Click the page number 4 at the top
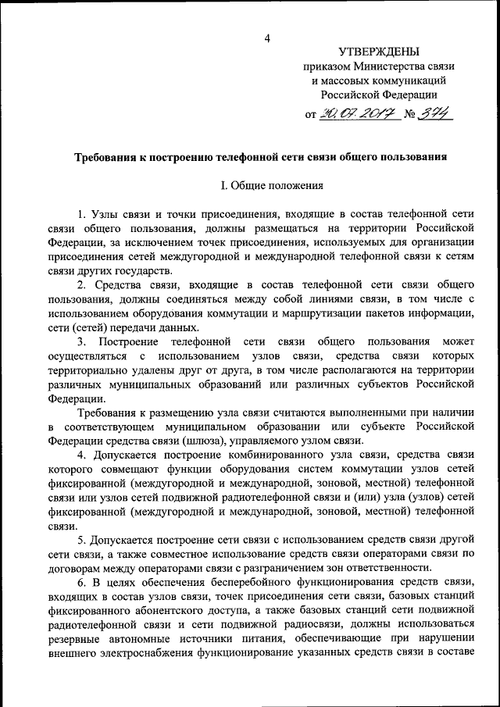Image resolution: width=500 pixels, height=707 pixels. [267, 38]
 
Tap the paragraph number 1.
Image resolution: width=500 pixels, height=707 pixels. [82, 213]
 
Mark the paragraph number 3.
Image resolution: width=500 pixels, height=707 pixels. [82, 341]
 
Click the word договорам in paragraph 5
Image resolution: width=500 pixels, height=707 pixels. [73, 567]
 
